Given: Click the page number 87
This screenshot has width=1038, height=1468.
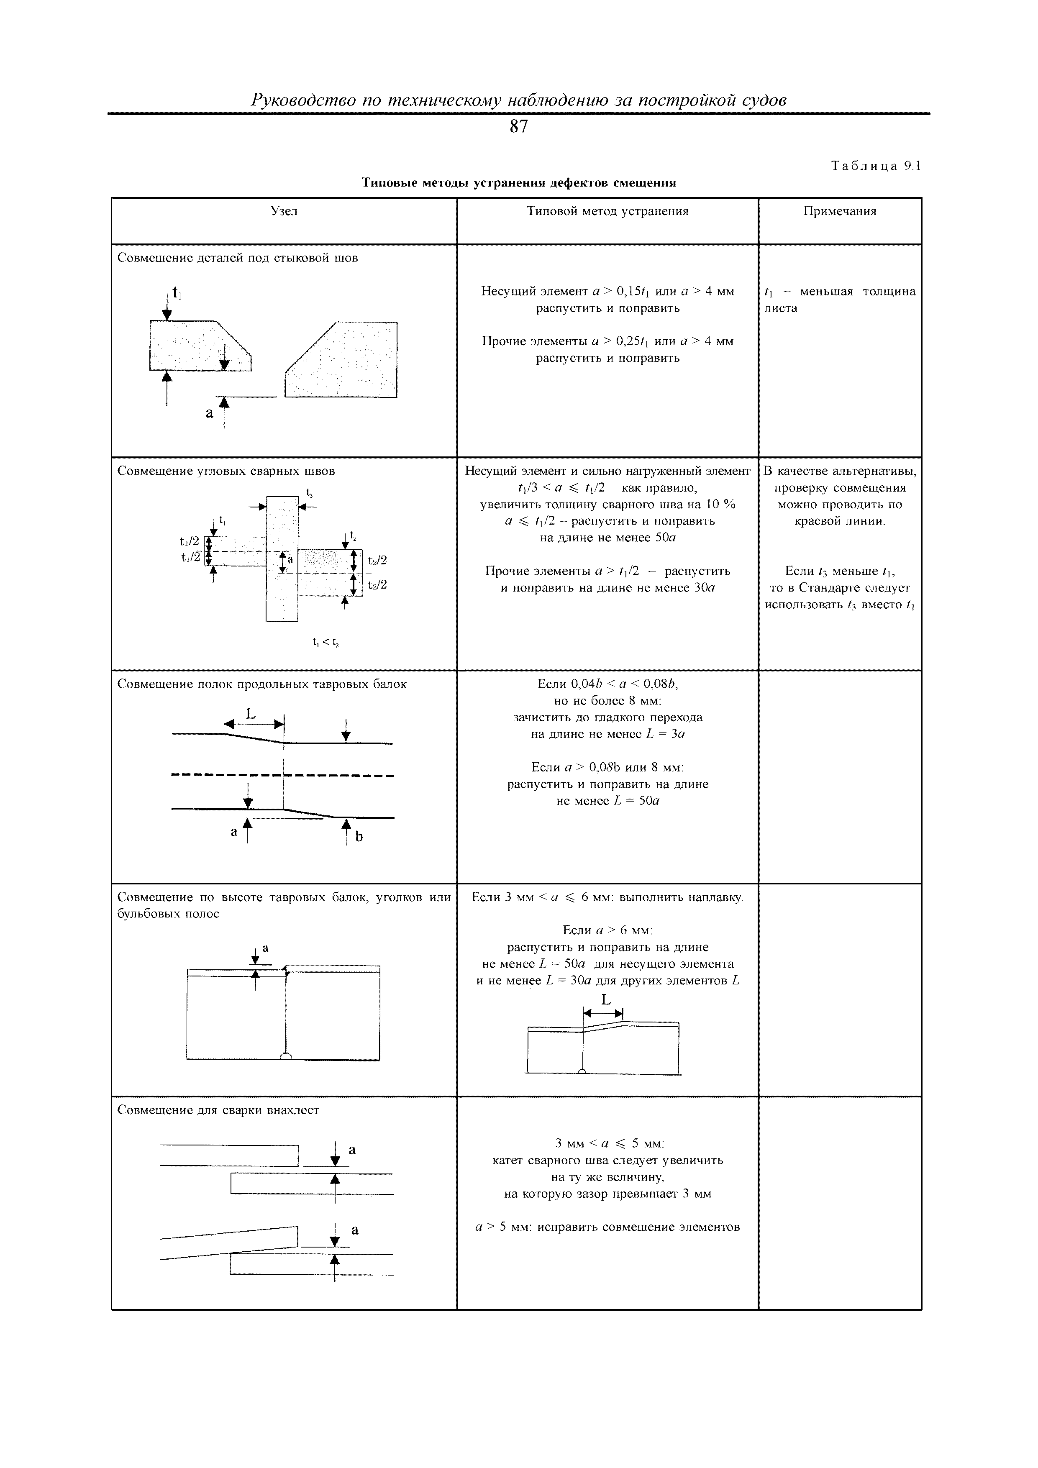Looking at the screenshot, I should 519,127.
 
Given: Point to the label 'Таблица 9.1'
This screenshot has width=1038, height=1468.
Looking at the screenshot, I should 875,166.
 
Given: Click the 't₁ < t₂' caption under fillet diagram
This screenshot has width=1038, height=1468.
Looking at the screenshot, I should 325,643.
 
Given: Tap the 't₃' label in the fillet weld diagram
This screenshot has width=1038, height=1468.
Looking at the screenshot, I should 309,493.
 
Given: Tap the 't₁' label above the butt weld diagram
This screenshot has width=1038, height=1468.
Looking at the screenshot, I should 177,294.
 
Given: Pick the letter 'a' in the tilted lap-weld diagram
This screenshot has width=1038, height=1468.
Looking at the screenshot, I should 355,1230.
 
